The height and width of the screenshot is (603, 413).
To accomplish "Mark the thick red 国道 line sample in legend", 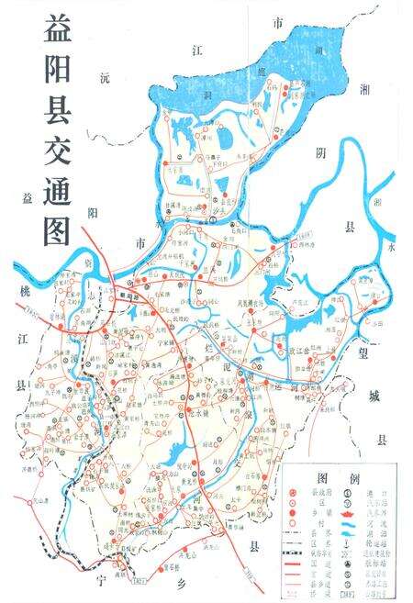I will coord(293,565).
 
